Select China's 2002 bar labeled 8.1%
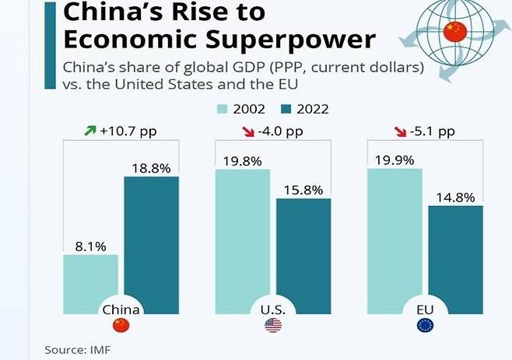point(90,280)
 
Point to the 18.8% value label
point(151,167)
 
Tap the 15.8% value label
point(303,189)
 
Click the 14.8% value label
point(455,197)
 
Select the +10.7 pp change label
point(128,131)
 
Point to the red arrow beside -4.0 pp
point(241,131)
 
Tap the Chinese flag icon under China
point(121,327)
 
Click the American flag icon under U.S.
point(273,327)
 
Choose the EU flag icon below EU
point(425,327)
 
